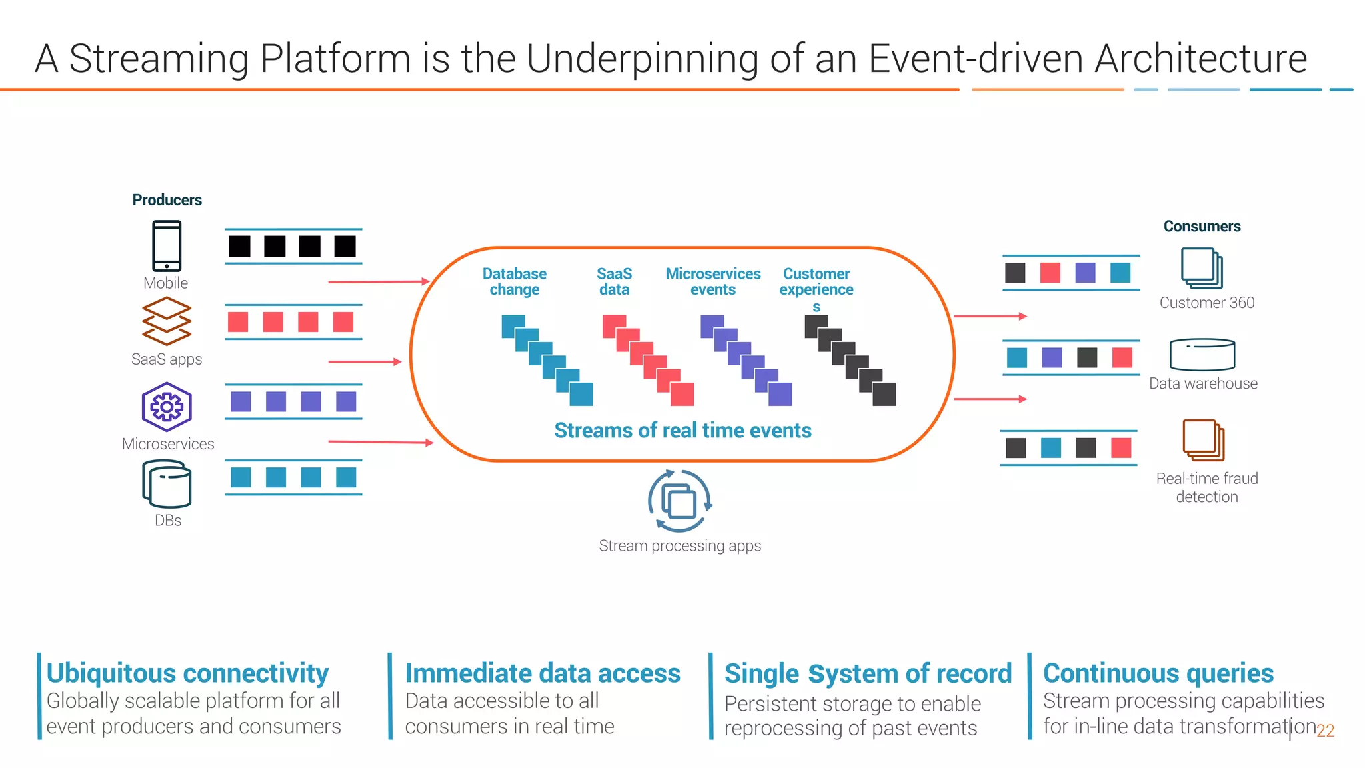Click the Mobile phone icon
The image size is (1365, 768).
(166, 245)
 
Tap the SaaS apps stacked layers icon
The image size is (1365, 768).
(167, 321)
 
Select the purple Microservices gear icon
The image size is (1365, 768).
(167, 407)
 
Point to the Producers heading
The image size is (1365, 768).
(167, 200)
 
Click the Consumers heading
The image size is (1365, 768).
(1202, 227)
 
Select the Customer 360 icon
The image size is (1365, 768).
(1202, 268)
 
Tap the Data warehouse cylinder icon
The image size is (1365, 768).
(1202, 355)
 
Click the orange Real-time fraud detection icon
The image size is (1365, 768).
(1203, 440)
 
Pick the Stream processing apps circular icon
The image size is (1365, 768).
(679, 501)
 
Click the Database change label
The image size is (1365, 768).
(514, 282)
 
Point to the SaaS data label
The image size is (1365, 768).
(614, 282)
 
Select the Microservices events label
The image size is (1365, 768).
(712, 282)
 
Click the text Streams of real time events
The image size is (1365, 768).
(682, 431)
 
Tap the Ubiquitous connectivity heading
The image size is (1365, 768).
(187, 673)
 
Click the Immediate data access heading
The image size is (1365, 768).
(543, 673)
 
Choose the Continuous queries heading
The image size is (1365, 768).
(1158, 673)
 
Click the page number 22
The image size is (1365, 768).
(1325, 731)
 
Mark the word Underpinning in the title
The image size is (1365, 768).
(643, 59)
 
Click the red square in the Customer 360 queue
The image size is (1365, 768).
(1050, 273)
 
